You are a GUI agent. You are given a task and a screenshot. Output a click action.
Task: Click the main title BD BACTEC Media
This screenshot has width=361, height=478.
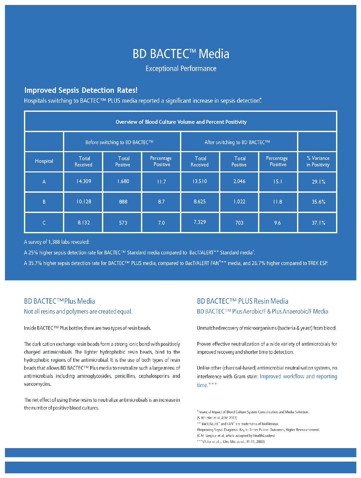[x=181, y=54]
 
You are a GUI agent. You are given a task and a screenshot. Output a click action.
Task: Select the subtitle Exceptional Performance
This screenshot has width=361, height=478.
[x=181, y=69]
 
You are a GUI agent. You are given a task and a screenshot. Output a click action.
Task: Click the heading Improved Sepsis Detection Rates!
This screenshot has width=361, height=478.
[x=81, y=90]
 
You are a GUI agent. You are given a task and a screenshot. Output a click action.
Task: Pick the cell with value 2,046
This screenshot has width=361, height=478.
[x=239, y=181]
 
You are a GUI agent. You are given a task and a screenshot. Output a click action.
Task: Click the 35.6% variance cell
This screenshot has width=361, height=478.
[x=318, y=202]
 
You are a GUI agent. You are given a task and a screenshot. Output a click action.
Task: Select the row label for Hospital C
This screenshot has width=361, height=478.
[x=44, y=223]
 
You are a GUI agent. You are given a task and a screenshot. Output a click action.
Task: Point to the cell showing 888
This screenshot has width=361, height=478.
[x=123, y=202]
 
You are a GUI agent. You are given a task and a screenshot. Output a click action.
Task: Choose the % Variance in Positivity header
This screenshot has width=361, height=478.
[x=318, y=162]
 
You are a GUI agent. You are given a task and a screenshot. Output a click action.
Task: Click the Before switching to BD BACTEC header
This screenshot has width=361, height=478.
[x=119, y=142]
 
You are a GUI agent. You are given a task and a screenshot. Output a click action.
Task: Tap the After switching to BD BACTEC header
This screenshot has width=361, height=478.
[x=237, y=142]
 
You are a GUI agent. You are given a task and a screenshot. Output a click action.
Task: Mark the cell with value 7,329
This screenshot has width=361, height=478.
[x=200, y=222]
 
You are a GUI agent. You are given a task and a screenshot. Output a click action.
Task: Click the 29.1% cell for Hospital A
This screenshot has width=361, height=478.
[x=318, y=182]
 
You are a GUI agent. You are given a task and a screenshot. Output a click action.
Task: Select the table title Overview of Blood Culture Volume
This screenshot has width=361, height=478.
[x=181, y=122]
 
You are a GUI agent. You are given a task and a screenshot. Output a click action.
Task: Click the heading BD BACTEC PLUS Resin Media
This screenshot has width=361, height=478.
[x=242, y=301]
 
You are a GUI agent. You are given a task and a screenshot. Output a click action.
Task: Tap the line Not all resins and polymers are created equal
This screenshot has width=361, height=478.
[x=78, y=312]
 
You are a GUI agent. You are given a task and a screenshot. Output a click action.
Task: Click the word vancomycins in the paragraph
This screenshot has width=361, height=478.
[x=37, y=384]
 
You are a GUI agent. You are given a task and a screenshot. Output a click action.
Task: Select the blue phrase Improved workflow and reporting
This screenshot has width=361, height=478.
[x=298, y=376]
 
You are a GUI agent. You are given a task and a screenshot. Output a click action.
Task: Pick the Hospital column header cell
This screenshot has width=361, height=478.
[x=44, y=161]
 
